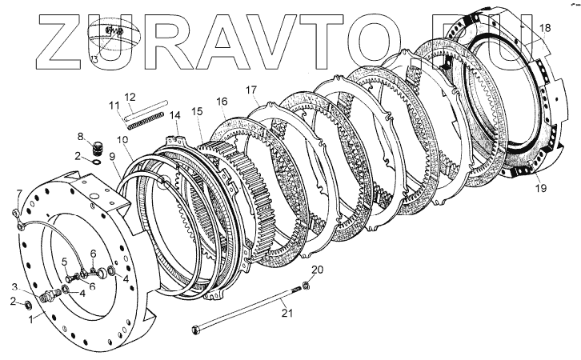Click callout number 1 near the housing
click(x=30, y=319)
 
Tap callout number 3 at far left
click(x=14, y=287)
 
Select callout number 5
click(x=64, y=262)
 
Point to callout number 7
click(x=19, y=193)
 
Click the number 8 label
click(x=81, y=136)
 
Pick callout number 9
click(x=111, y=157)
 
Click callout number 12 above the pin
click(x=130, y=96)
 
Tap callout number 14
click(x=174, y=116)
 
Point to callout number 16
click(x=222, y=101)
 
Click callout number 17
click(x=250, y=89)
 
